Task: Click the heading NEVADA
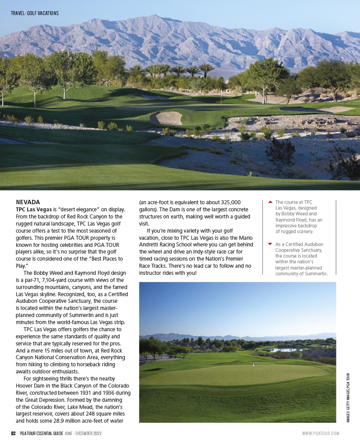[28, 202]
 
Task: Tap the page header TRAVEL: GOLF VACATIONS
[35, 13]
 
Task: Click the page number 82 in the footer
[14, 433]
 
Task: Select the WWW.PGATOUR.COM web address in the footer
[320, 433]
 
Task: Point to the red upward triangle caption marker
[270, 202]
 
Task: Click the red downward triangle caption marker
[270, 244]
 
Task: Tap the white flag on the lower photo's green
[253, 365]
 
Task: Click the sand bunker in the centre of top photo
[167, 119]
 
